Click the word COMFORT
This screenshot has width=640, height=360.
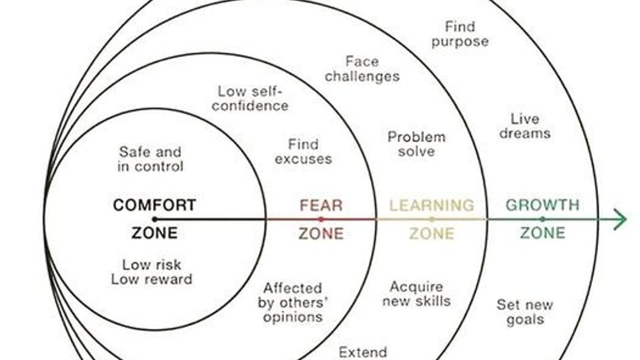tap(154, 205)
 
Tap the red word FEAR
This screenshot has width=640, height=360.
tap(321, 205)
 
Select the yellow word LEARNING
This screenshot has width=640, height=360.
tap(431, 205)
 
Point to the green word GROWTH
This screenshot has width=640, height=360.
tap(542, 205)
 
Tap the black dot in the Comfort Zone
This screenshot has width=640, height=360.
tap(154, 219)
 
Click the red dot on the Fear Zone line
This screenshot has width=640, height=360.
tap(321, 219)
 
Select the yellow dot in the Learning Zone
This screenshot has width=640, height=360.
tap(432, 219)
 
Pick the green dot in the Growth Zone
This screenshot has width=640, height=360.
tap(542, 219)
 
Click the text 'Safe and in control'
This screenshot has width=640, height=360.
tap(150, 159)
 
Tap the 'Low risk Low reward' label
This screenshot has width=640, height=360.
tap(151, 271)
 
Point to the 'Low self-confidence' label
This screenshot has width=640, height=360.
tap(250, 98)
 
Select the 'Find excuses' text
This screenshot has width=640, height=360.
tap(303, 152)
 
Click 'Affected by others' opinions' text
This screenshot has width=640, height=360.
tap(292, 302)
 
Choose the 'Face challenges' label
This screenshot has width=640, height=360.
tap(362, 69)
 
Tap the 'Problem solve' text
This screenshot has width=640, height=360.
tap(416, 144)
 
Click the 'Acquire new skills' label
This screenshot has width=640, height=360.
tap(416, 294)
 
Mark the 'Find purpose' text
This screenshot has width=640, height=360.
tap(460, 34)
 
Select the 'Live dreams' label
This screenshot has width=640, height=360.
tap(525, 126)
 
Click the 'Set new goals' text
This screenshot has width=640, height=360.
tap(525, 312)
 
